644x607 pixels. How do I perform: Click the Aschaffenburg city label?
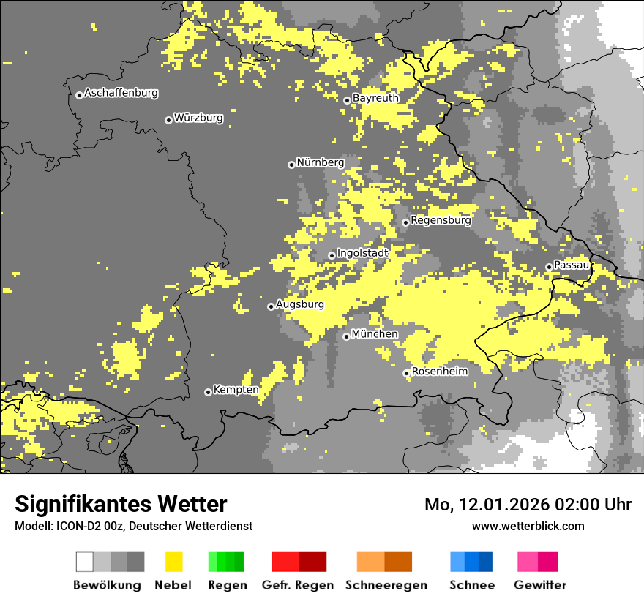[121, 94]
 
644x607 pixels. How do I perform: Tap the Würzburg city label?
[198, 118]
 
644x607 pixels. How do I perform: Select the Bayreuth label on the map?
[375, 98]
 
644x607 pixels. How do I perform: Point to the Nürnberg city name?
[320, 162]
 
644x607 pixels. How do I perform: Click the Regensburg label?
[441, 220]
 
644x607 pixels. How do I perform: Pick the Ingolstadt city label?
[362, 253]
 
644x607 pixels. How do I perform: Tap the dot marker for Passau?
[549, 267]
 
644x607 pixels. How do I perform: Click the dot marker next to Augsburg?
[271, 306]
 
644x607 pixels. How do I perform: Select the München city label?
[375, 334]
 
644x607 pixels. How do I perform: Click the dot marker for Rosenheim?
[406, 373]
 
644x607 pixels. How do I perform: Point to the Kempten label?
[236, 390]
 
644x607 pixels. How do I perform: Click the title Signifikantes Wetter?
[121, 504]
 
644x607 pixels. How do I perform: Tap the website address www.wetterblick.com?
[528, 526]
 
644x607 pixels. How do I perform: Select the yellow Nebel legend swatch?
[173, 562]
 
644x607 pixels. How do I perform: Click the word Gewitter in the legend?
[539, 585]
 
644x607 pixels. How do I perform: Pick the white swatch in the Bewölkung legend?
[85, 562]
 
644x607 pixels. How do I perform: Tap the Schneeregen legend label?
[386, 585]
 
